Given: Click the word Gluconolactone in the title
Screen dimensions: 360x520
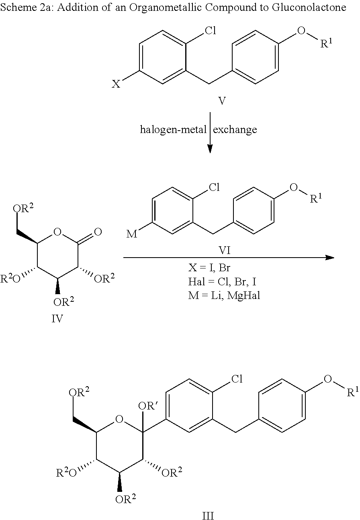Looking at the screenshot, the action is click(x=309, y=8).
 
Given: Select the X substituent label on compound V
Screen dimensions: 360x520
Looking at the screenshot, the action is click(x=116, y=84).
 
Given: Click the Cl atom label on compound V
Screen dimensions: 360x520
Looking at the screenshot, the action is click(x=210, y=31).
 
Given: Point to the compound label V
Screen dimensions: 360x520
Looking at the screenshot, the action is click(x=222, y=101).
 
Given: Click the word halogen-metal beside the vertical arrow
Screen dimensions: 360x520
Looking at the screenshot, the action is click(x=174, y=129).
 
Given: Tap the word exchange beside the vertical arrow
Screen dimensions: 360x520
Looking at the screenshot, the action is click(x=235, y=129).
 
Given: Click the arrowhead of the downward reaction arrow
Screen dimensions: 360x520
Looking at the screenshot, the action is click(x=210, y=149).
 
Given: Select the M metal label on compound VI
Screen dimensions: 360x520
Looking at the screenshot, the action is click(x=132, y=234).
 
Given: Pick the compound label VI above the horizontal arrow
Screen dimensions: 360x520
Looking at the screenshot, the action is click(x=225, y=250).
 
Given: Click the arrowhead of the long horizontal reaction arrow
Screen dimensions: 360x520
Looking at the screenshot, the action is click(x=330, y=258).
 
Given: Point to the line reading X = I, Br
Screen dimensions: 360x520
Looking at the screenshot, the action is click(x=209, y=268).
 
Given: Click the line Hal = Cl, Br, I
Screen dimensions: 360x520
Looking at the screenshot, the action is click(x=222, y=282).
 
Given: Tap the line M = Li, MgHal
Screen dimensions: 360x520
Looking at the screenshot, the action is click(x=224, y=295).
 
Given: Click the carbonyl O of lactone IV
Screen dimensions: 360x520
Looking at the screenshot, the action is click(x=98, y=232).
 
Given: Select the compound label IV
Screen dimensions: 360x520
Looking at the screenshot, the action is click(x=57, y=319).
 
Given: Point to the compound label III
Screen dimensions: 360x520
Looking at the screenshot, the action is click(x=208, y=515).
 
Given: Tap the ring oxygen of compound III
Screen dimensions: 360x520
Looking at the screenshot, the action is click(x=119, y=419).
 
